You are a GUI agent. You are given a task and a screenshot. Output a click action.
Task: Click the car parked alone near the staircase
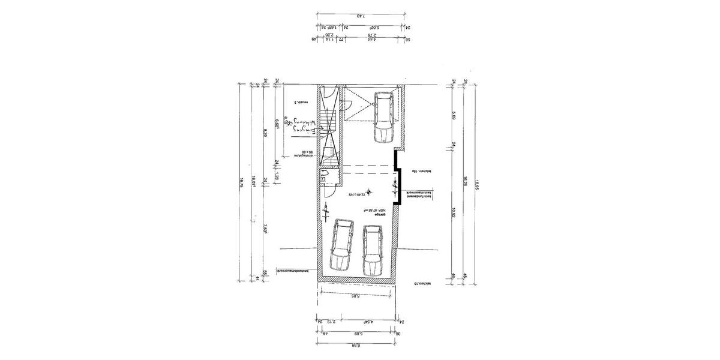(x=383, y=117)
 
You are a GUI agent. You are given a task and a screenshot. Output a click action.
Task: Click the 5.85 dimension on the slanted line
(x=355, y=296)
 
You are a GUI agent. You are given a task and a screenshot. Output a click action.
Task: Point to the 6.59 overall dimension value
(x=355, y=346)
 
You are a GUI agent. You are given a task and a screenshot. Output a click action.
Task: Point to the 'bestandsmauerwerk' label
(x=295, y=271)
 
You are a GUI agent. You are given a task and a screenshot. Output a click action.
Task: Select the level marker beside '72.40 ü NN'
(x=369, y=192)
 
